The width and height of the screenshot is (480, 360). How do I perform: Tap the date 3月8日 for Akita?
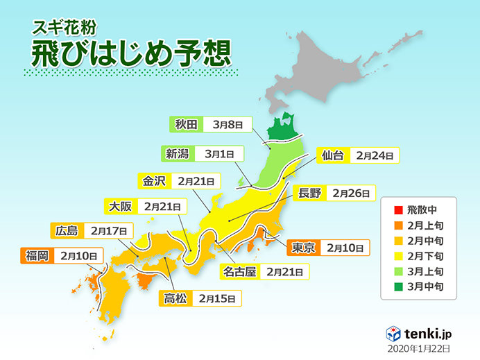point(228,125)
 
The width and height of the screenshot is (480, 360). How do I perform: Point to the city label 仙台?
point(332,155)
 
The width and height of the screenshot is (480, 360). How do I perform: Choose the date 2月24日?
point(375,155)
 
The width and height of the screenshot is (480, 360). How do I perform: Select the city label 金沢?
point(154,181)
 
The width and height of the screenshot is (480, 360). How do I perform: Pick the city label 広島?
point(66,230)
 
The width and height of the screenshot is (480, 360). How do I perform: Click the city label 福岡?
point(35,255)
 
